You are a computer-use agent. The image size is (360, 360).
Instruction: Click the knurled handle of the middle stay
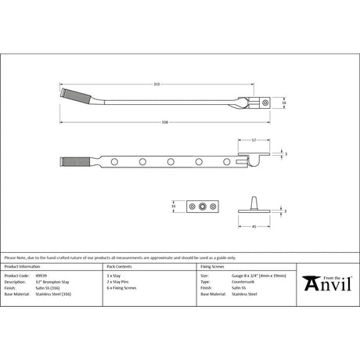coord(68,164)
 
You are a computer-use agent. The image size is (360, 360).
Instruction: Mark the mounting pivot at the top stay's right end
coord(265,102)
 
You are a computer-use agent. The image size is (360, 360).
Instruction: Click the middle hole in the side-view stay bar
coord(170,163)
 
